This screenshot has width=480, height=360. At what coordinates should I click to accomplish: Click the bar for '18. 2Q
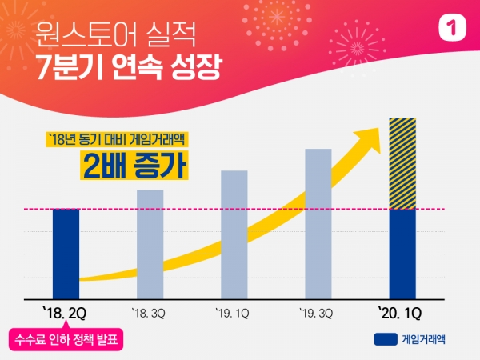[x=66, y=254]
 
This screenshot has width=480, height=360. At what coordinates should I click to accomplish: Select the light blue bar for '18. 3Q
[x=150, y=245]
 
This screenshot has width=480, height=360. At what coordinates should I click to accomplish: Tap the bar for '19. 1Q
[x=234, y=235]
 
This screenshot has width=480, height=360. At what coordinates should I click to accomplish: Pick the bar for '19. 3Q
[x=318, y=224]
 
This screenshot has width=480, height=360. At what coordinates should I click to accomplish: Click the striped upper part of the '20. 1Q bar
[x=402, y=163]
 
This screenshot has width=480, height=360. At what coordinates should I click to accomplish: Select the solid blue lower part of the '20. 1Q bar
[x=402, y=254]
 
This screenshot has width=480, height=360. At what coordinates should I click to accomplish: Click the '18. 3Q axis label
[x=150, y=311]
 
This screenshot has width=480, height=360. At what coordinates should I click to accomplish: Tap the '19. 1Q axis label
[x=234, y=311]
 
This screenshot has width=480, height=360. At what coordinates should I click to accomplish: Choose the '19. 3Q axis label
[x=318, y=311]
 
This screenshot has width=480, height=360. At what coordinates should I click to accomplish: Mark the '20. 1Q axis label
[x=402, y=311]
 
